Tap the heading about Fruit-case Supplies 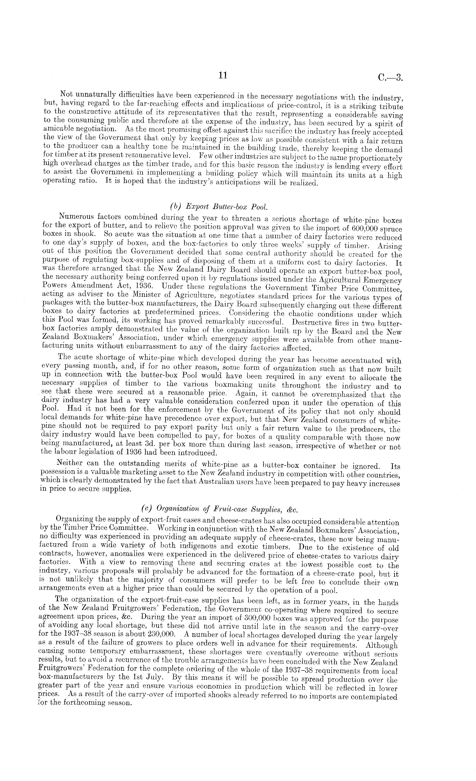pyautogui.click(x=219, y=509)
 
